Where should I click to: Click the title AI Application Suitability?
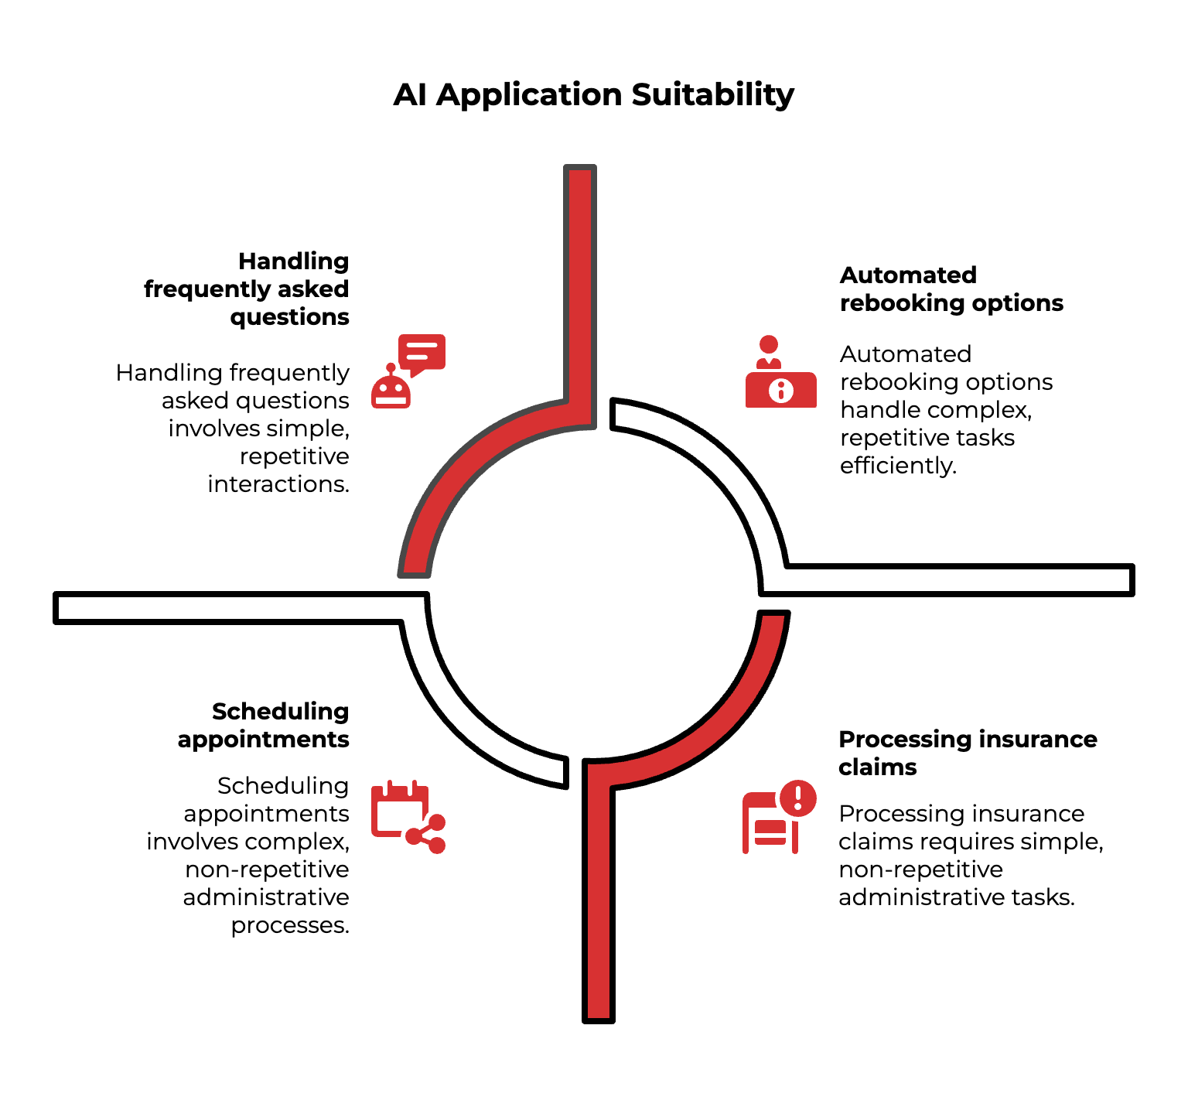pos(593,95)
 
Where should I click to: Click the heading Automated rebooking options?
pos(951,289)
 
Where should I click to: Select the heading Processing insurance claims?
pos(967,753)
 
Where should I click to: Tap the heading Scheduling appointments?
pos(264,725)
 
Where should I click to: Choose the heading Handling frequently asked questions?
pos(247,289)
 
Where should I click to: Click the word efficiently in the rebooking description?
pos(897,466)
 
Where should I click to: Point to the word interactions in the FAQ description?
pos(278,484)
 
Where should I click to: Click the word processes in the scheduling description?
pos(290,925)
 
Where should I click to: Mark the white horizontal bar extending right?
pos(959,579)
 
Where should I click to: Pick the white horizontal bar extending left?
pos(232,607)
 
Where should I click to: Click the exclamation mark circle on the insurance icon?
pos(798,798)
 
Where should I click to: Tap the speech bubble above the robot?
pos(422,353)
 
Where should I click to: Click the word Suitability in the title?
pos(712,95)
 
